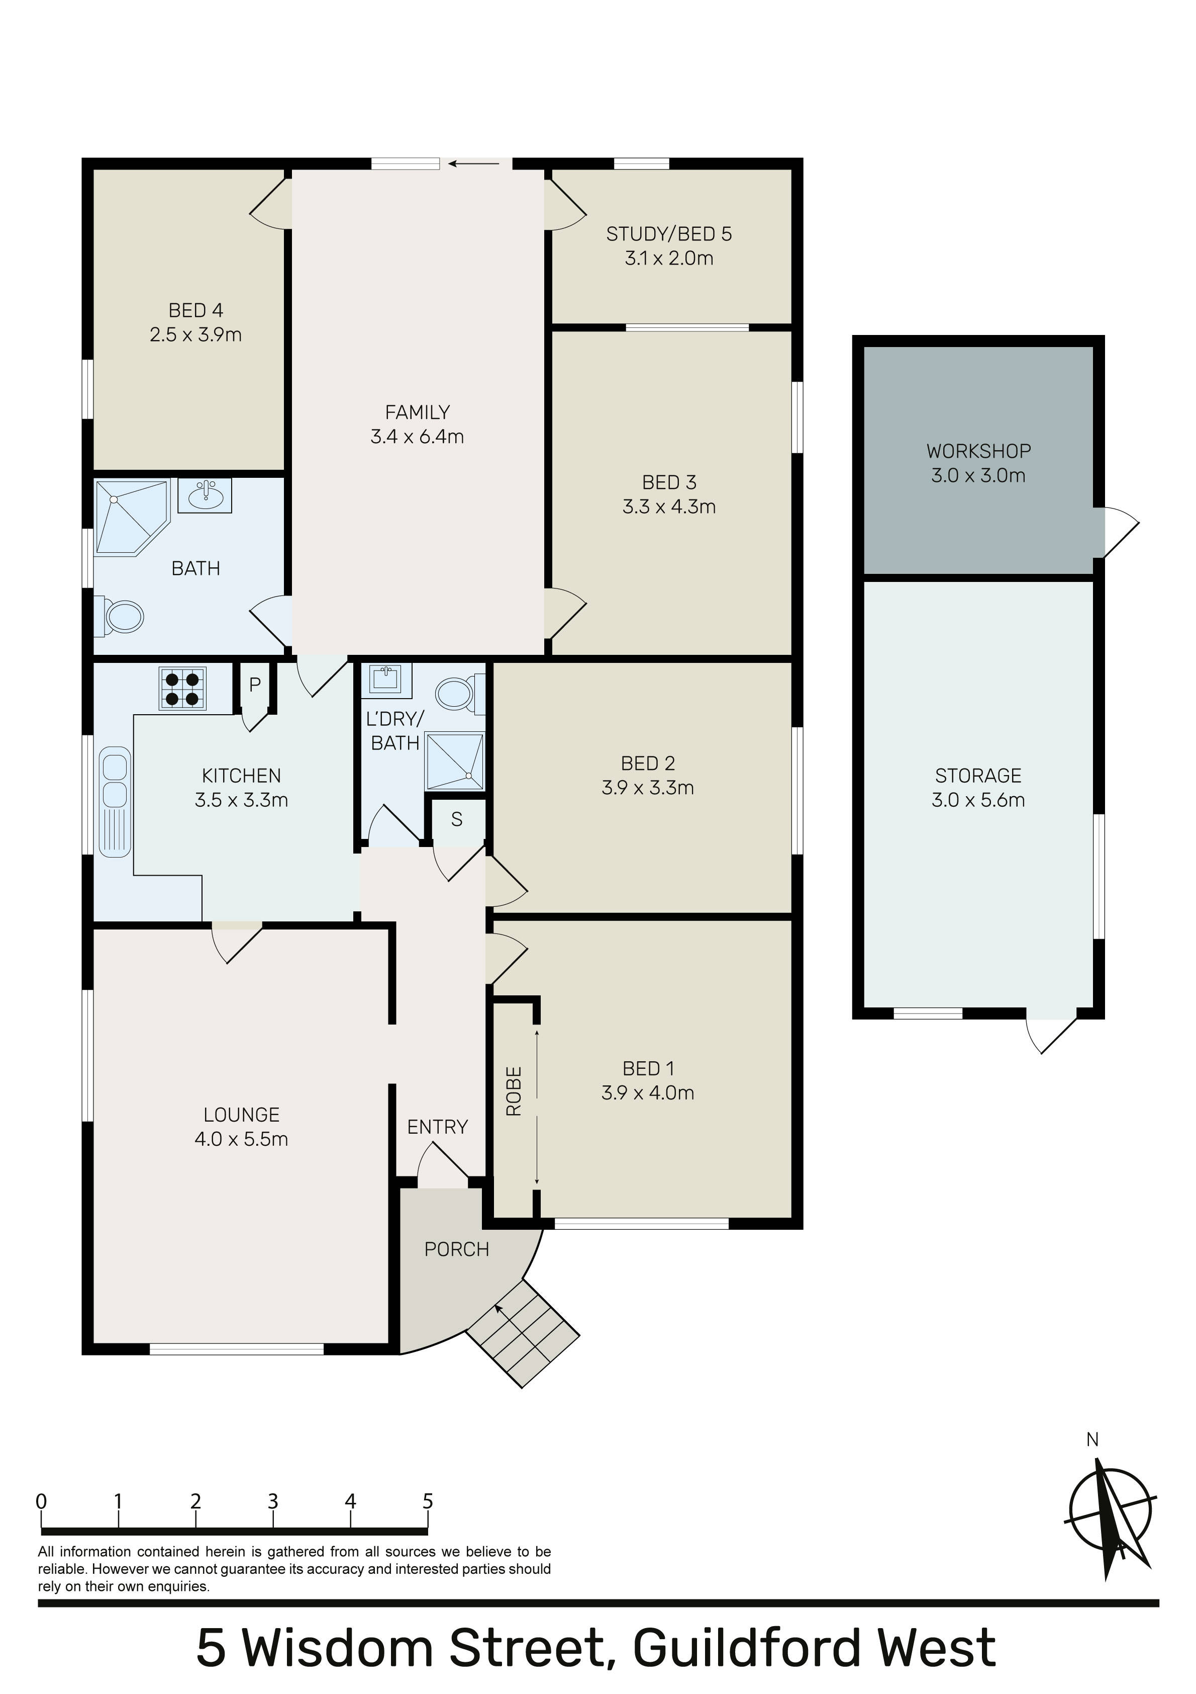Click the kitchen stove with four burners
click(x=182, y=689)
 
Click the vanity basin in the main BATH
click(x=205, y=494)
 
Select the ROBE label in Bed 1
click(x=514, y=1091)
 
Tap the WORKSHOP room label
click(x=978, y=451)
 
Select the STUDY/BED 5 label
click(x=669, y=234)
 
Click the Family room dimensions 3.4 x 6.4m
click(x=418, y=437)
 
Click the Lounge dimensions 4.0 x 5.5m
click(x=241, y=1139)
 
